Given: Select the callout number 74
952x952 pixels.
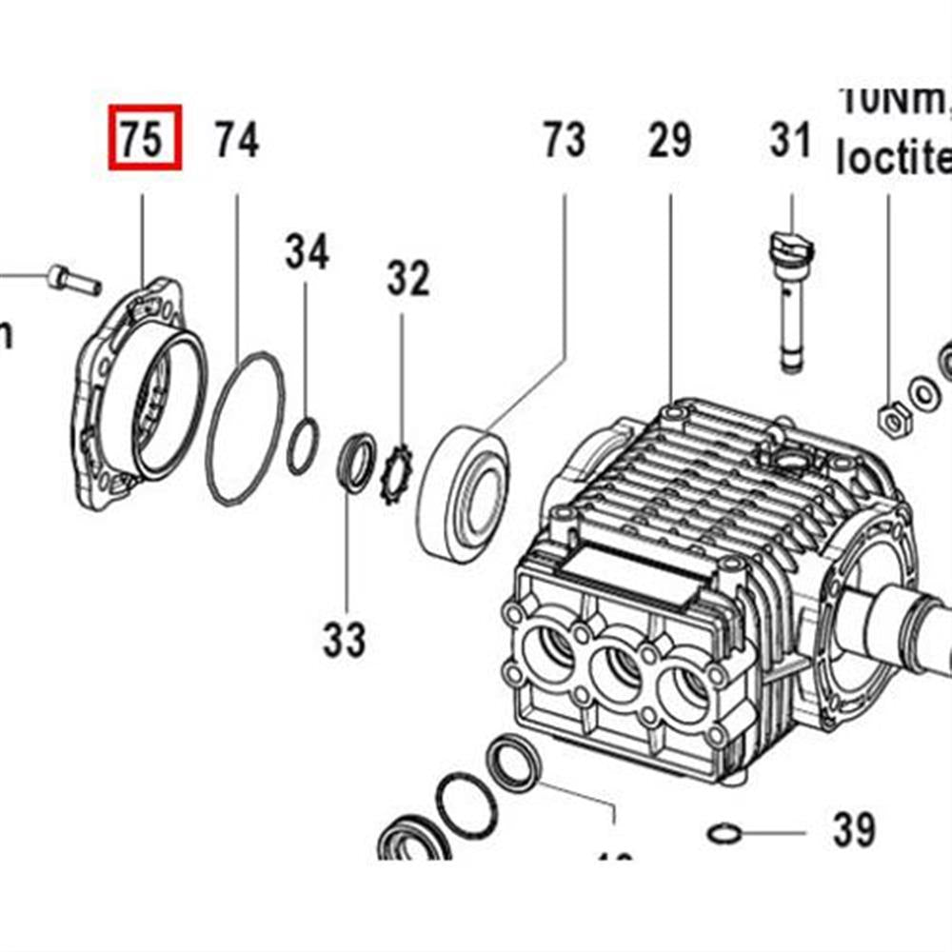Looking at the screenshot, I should [236, 140].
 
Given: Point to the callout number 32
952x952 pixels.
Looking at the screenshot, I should [407, 279].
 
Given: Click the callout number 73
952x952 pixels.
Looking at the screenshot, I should [564, 140].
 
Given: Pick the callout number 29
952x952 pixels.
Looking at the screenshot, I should [669, 140].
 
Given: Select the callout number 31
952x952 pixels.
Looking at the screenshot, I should [790, 140].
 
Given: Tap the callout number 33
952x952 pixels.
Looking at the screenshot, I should [344, 640].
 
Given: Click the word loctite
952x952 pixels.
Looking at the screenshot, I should [893, 157].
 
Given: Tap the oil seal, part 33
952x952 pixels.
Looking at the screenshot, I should [356, 463].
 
